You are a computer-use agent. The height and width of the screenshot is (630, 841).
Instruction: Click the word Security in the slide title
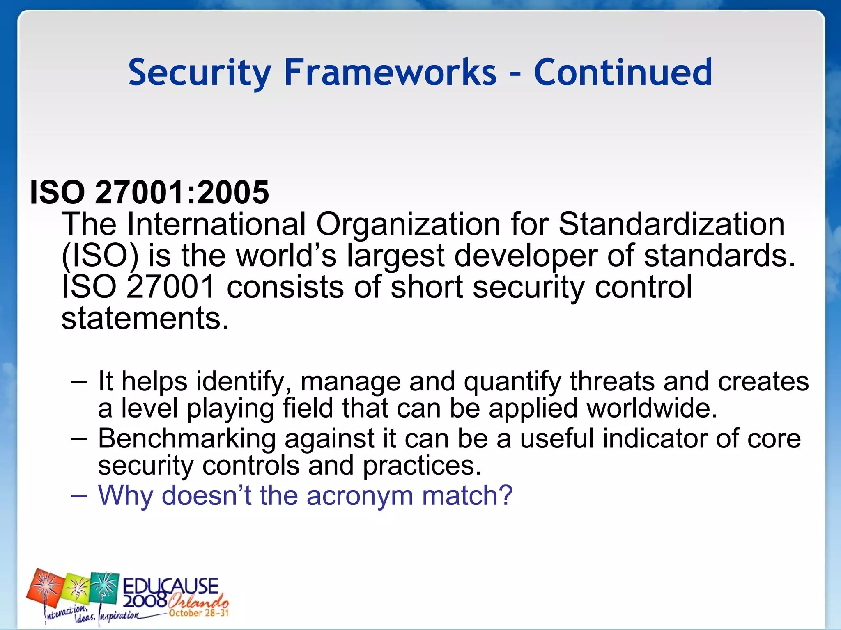click(200, 73)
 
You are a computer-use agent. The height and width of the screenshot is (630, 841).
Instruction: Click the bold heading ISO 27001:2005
click(149, 192)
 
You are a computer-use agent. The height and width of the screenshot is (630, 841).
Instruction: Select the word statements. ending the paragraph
click(145, 318)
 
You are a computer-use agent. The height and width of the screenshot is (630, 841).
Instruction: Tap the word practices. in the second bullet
click(422, 466)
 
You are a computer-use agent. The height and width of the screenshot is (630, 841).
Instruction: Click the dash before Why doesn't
click(79, 495)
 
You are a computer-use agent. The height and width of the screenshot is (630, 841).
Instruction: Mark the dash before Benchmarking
click(79, 438)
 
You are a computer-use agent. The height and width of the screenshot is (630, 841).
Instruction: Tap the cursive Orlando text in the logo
click(198, 602)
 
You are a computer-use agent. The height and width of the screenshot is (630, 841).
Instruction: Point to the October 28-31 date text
click(199, 613)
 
